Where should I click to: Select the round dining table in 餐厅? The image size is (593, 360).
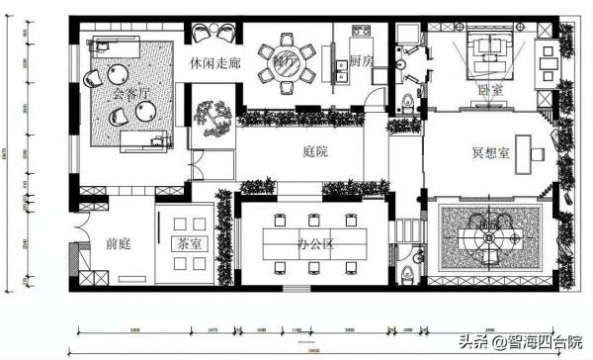(x=286, y=63)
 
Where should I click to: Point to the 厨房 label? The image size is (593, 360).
(x=361, y=62)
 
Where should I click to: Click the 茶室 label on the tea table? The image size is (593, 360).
(x=187, y=243)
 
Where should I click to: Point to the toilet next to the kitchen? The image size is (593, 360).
(x=409, y=100)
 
